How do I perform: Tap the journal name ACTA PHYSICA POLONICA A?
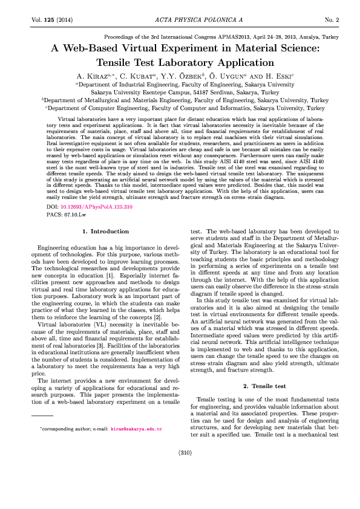[x=180, y=20]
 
